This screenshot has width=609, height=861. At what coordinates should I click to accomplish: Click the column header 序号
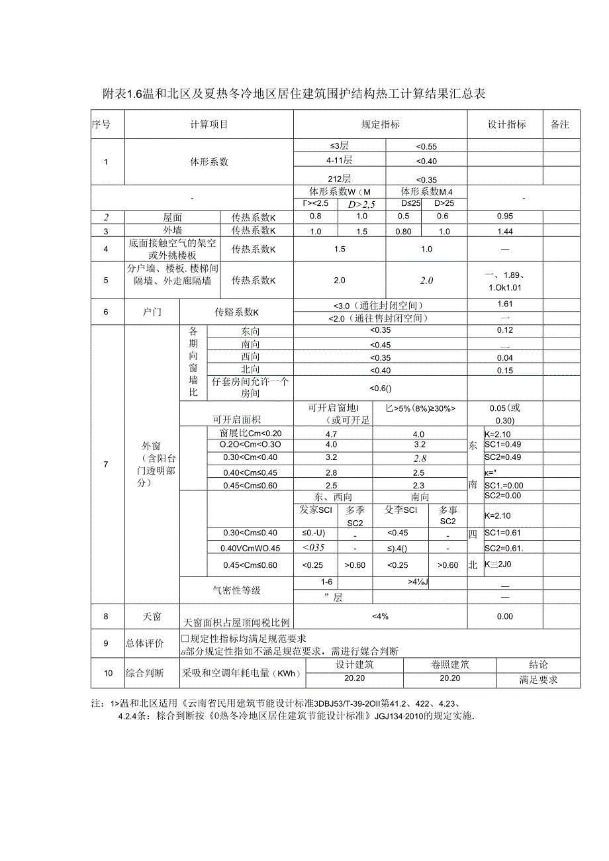101,124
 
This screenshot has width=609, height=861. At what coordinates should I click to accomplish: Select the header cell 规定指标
380,124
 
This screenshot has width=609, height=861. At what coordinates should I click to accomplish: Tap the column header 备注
560,124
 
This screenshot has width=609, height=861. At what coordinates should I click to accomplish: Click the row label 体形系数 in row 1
209,161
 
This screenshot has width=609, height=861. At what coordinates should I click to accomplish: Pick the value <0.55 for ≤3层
426,146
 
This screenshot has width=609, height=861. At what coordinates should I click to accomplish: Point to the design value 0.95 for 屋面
504,217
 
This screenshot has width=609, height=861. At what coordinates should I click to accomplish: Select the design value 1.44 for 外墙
504,232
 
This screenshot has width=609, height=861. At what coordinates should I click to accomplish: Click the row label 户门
152,312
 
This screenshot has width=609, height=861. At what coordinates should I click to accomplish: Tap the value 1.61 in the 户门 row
504,304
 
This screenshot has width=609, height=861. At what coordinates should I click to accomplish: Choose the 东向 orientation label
250,331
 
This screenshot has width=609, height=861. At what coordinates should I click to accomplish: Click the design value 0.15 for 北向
504,370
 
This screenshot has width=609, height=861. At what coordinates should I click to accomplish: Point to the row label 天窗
152,616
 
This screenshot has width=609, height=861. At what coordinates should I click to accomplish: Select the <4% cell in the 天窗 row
380,616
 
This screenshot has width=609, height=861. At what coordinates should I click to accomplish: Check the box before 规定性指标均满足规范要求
185,639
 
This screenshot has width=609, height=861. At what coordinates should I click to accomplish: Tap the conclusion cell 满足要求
538,680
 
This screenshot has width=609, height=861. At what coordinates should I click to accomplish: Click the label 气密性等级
236,590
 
